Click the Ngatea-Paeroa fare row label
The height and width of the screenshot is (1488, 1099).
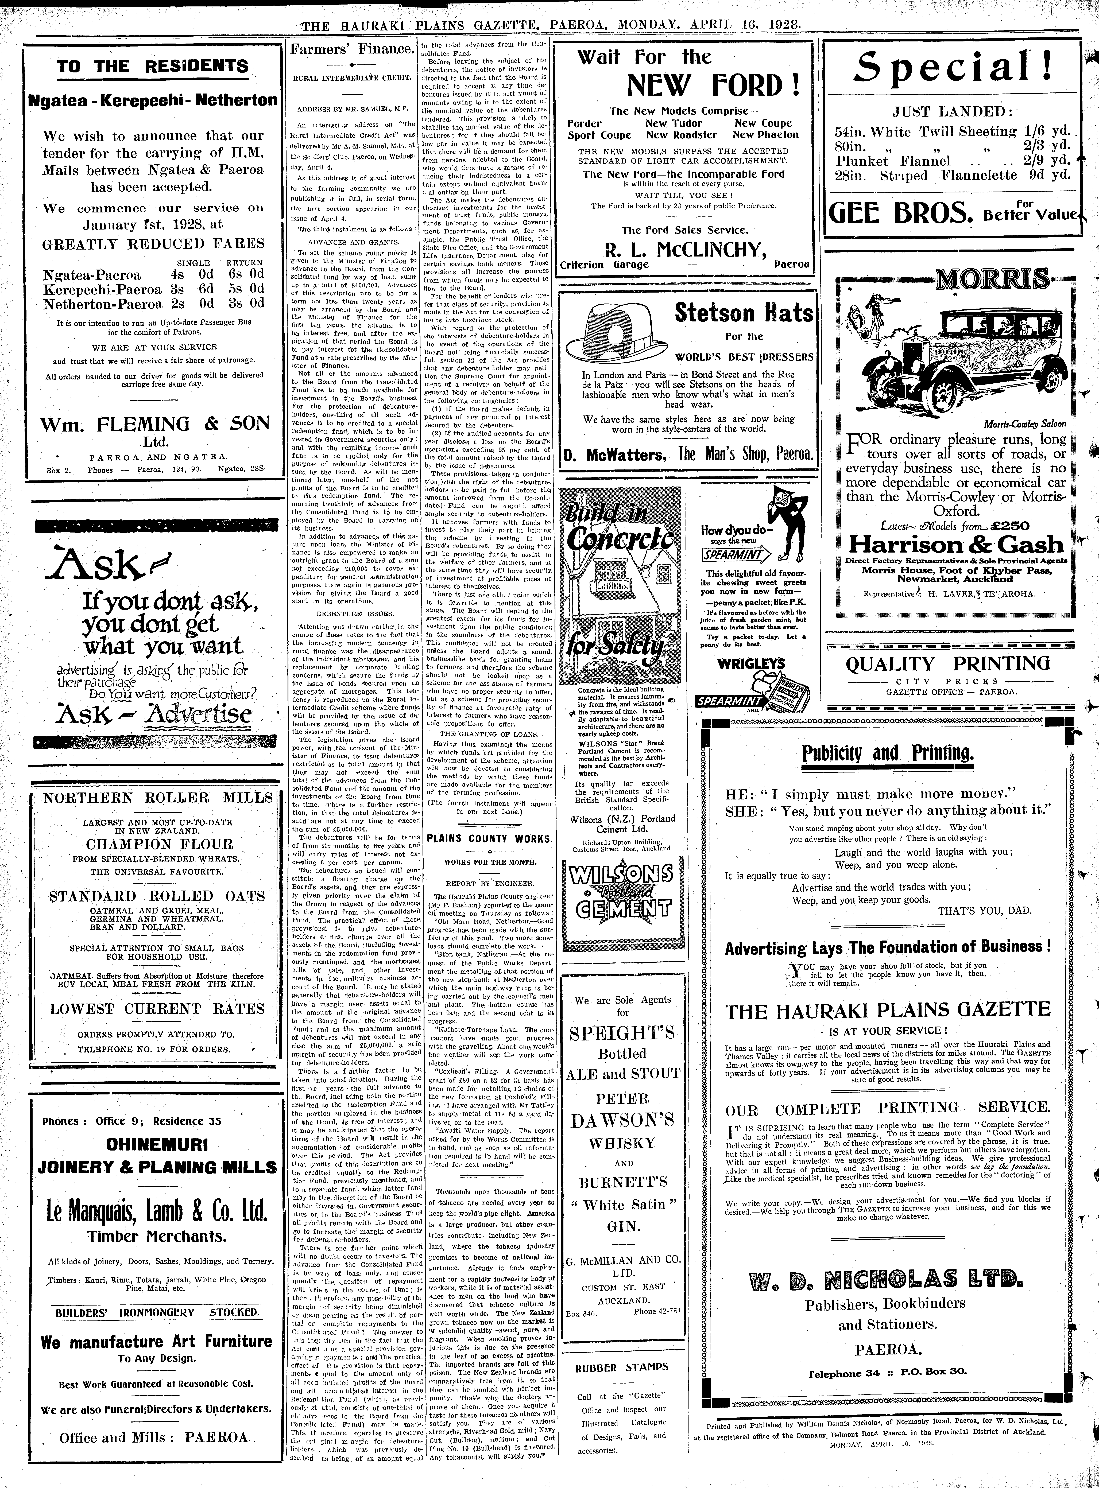coord(92,275)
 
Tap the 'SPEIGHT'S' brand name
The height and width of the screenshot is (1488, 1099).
coord(622,1034)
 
